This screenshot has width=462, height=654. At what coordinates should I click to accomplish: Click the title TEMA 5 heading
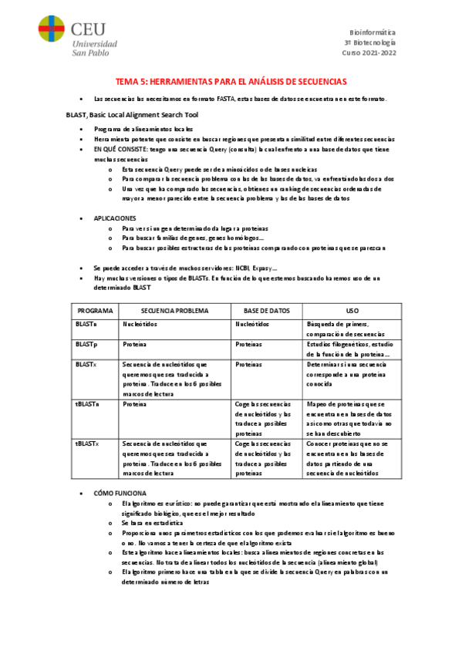(x=231, y=81)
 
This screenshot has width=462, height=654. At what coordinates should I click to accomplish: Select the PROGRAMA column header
(x=95, y=311)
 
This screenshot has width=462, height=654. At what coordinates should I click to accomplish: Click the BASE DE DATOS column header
(x=266, y=311)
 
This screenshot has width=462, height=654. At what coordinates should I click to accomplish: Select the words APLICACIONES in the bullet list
(x=115, y=218)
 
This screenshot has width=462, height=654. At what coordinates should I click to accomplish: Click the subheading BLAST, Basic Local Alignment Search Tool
(x=132, y=114)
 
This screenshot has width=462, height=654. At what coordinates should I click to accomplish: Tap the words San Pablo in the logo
(x=90, y=52)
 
